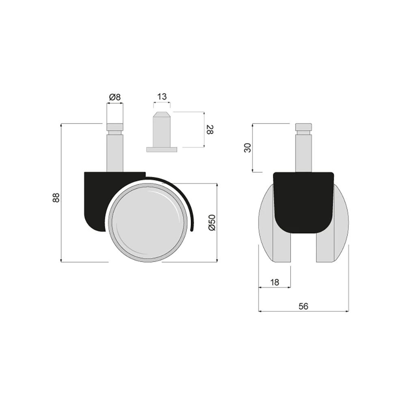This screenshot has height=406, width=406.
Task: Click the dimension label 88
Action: point(56,197)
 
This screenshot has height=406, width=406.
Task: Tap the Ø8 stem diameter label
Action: point(115,97)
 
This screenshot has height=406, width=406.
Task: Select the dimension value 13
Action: point(162,97)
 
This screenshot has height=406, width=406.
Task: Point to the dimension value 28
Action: point(210,130)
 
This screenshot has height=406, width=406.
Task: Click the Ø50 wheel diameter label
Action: point(212,222)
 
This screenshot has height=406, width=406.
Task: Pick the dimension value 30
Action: point(248,148)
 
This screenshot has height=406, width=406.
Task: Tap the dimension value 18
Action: point(274,282)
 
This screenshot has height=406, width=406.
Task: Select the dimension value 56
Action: point(303,306)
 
